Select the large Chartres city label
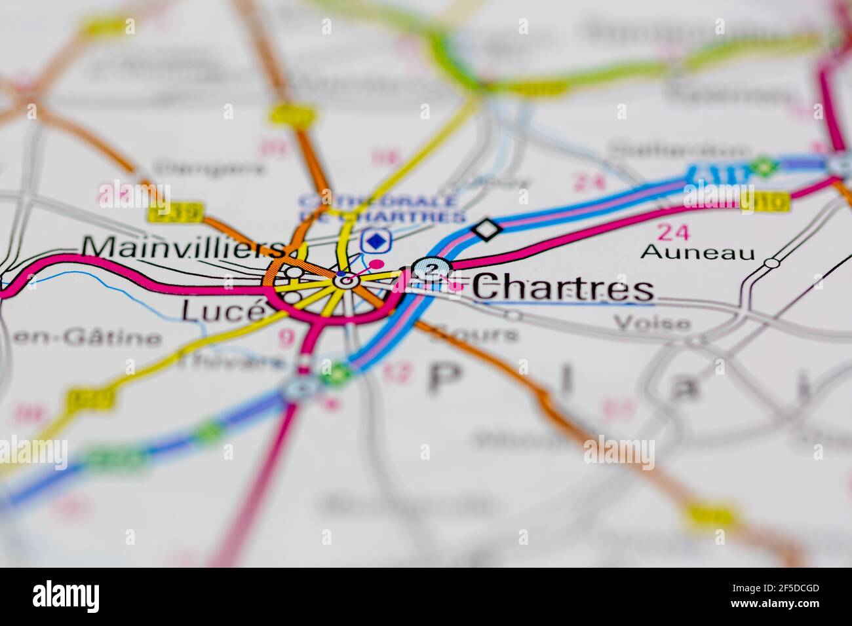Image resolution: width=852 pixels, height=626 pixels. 562,288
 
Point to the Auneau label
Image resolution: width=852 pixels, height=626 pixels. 698,251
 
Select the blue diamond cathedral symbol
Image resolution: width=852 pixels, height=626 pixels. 375,241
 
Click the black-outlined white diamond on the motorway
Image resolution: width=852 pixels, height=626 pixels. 487,229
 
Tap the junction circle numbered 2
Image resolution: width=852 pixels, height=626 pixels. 431,268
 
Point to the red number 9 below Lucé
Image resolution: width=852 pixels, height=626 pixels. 286,338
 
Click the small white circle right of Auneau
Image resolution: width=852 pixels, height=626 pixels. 773,263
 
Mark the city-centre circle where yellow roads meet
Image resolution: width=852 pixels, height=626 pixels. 345,281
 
